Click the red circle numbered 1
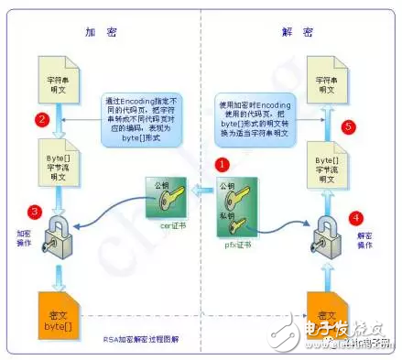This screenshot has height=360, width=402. point(220,163)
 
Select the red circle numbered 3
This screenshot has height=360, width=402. point(35,213)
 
